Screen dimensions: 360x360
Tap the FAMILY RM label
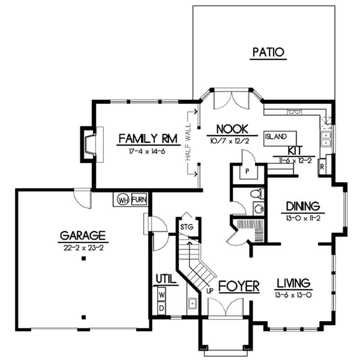coord(147,138)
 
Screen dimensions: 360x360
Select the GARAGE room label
coord(83,235)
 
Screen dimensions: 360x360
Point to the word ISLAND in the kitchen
coord(275,136)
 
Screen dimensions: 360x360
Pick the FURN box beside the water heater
coord(139,199)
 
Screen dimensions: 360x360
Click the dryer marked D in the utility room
coord(162,308)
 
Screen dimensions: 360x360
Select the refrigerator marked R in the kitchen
coord(323,165)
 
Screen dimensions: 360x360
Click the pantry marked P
coord(247,171)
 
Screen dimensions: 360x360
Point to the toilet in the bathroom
coord(255,194)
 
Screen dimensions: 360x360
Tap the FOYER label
coord(239,286)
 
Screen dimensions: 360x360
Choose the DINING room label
coord(303,206)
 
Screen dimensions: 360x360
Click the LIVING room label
coord(293,283)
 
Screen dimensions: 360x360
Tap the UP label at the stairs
coord(210,291)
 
